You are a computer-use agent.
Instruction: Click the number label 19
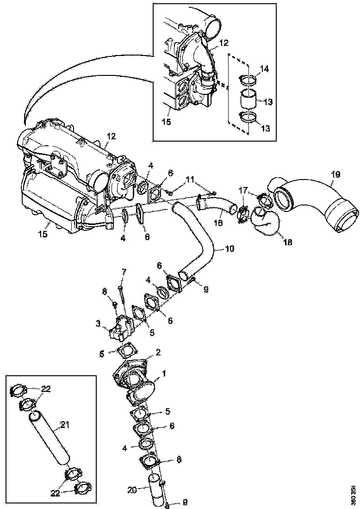coord(335,174)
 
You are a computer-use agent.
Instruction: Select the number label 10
coord(230,248)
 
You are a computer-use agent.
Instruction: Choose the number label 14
coord(264,68)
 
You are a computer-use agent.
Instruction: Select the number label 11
coord(190,179)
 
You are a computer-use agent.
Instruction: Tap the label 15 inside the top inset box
coord(166,123)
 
